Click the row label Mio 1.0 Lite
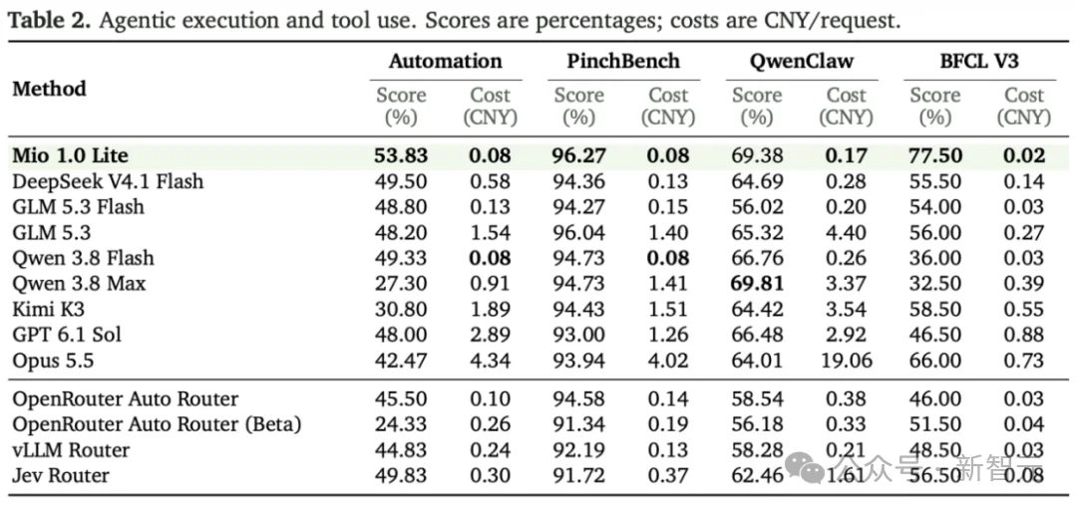(x=70, y=155)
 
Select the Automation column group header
(x=445, y=61)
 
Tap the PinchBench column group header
(x=623, y=61)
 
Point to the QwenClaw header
(x=801, y=61)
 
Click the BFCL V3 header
(x=979, y=61)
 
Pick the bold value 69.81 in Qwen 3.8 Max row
(x=757, y=283)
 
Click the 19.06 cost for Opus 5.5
(x=846, y=361)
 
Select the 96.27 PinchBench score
(x=579, y=155)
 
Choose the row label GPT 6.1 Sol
(x=67, y=334)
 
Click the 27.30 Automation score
(x=401, y=283)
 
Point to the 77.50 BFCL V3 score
(x=934, y=155)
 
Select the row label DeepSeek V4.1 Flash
(x=108, y=181)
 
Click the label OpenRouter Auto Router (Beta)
(x=157, y=424)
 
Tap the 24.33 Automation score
(x=401, y=424)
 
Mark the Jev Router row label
(x=61, y=475)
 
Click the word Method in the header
(x=50, y=89)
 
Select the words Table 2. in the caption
(x=50, y=21)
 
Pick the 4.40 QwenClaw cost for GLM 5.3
(x=847, y=232)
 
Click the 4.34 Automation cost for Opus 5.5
(x=490, y=361)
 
